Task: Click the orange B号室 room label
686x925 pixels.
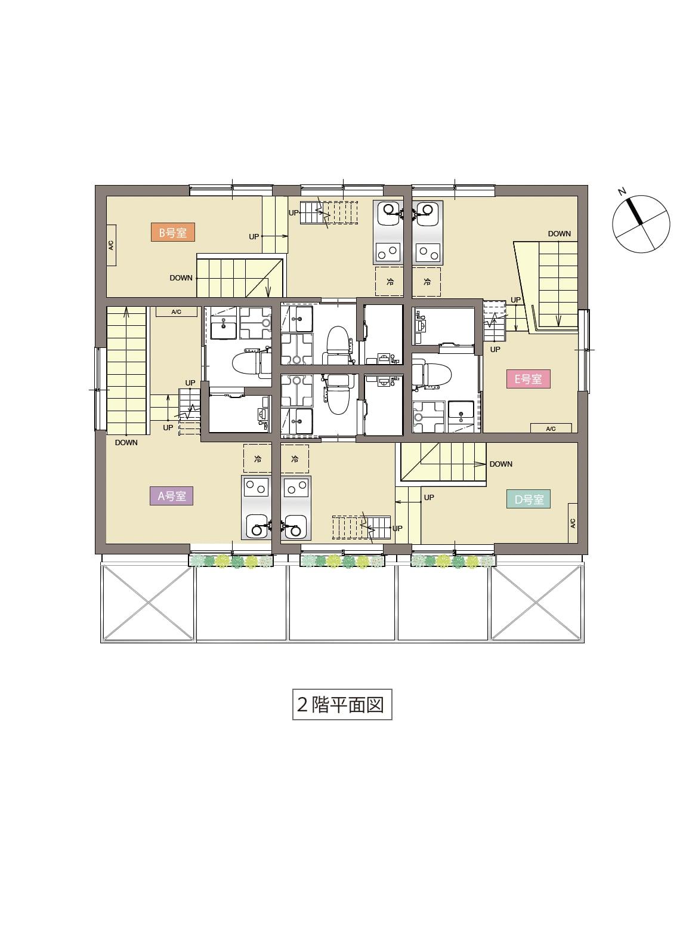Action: coord(172,232)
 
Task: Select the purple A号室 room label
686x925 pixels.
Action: coord(171,496)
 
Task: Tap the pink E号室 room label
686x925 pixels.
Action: coord(529,379)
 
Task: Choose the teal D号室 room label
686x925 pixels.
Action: coord(529,499)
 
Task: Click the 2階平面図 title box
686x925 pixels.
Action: coord(342,704)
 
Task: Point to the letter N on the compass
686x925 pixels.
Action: coord(622,192)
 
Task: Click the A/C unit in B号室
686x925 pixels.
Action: coord(112,245)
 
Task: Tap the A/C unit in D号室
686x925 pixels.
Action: coord(573,523)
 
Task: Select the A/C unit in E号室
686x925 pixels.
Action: coord(551,428)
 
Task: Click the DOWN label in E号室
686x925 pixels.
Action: coord(559,233)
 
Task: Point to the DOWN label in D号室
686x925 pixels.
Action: coord(501,464)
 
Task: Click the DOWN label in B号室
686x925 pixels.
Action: coord(181,277)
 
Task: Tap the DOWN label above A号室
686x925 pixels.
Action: coord(126,442)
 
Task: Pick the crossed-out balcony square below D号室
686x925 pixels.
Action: coord(537,602)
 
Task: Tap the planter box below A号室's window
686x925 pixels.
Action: coord(231,561)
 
